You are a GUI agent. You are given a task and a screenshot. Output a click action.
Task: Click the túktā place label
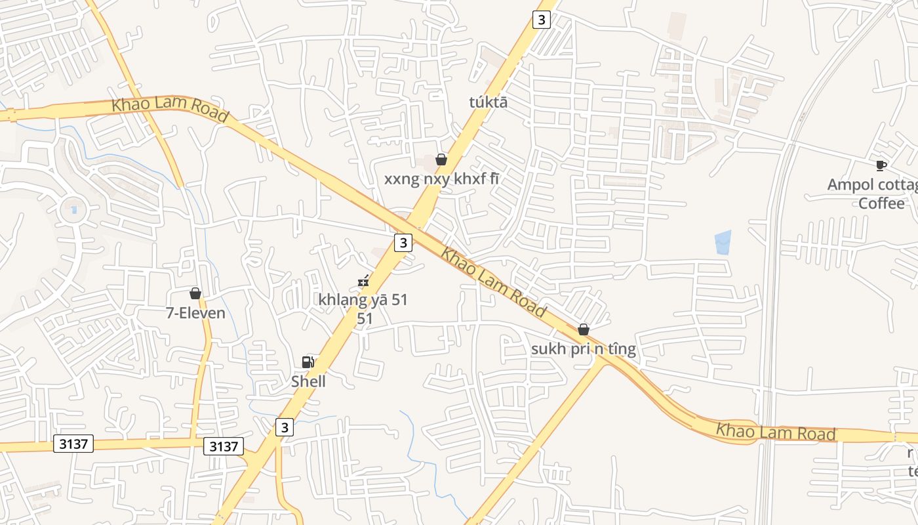(489, 102)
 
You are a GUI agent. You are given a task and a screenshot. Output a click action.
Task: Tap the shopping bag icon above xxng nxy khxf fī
(441, 159)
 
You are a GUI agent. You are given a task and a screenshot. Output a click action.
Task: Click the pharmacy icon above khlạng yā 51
(363, 281)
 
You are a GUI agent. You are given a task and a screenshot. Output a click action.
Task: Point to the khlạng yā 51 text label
(363, 300)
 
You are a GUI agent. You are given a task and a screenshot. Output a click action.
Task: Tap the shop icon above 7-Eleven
(195, 293)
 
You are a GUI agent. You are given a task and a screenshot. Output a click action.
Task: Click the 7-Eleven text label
(195, 313)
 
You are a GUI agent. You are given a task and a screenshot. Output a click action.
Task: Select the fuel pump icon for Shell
(308, 362)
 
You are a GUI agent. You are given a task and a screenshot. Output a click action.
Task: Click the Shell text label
(308, 381)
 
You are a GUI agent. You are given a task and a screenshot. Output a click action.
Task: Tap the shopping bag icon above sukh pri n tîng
(583, 329)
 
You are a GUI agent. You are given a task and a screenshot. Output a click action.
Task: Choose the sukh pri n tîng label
(583, 349)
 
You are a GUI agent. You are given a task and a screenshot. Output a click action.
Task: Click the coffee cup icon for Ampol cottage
(881, 165)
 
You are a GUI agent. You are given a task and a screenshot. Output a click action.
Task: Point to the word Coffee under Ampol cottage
(881, 203)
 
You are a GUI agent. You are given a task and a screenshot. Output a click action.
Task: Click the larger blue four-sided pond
(722, 242)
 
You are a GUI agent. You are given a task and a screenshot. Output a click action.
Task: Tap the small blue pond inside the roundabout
(73, 210)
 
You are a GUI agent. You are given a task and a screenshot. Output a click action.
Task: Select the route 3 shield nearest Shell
(284, 427)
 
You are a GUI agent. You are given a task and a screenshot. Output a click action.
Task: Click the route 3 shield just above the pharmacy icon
(403, 243)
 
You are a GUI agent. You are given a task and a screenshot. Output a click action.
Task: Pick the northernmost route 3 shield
(541, 20)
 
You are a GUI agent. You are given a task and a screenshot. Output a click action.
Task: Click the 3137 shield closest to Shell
(223, 446)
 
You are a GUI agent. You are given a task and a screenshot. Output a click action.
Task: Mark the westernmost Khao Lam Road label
(170, 109)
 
